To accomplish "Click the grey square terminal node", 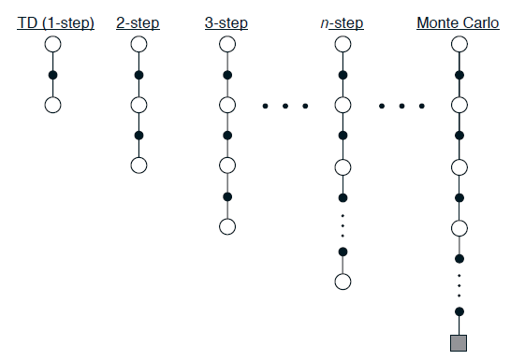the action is coord(459,342).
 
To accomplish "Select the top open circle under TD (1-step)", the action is coord(53,44).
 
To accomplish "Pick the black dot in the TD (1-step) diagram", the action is coord(53,75).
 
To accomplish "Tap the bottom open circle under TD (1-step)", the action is coord(53,105).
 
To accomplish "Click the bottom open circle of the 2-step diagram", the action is coord(139,166).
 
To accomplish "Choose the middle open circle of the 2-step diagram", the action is coord(139,105).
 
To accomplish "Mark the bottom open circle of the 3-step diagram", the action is coord(226,226).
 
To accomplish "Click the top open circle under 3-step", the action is coord(226,44).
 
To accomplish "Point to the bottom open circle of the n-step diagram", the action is coord(343,281).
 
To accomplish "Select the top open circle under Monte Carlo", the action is coord(459,44).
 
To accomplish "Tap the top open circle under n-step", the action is coord(343,44).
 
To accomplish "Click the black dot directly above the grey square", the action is coord(459,311).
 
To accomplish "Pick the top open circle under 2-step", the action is coord(139,44).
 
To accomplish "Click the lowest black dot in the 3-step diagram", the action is coord(226,196).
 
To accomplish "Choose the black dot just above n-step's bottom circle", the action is coord(343,252).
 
